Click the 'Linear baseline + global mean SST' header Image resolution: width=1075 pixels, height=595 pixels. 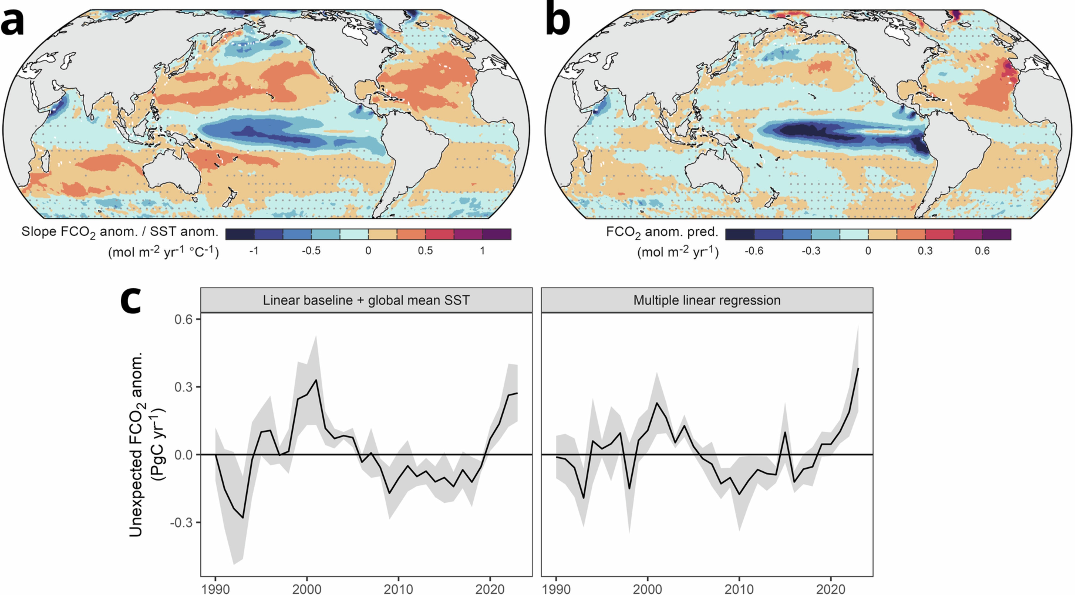click(x=366, y=300)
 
